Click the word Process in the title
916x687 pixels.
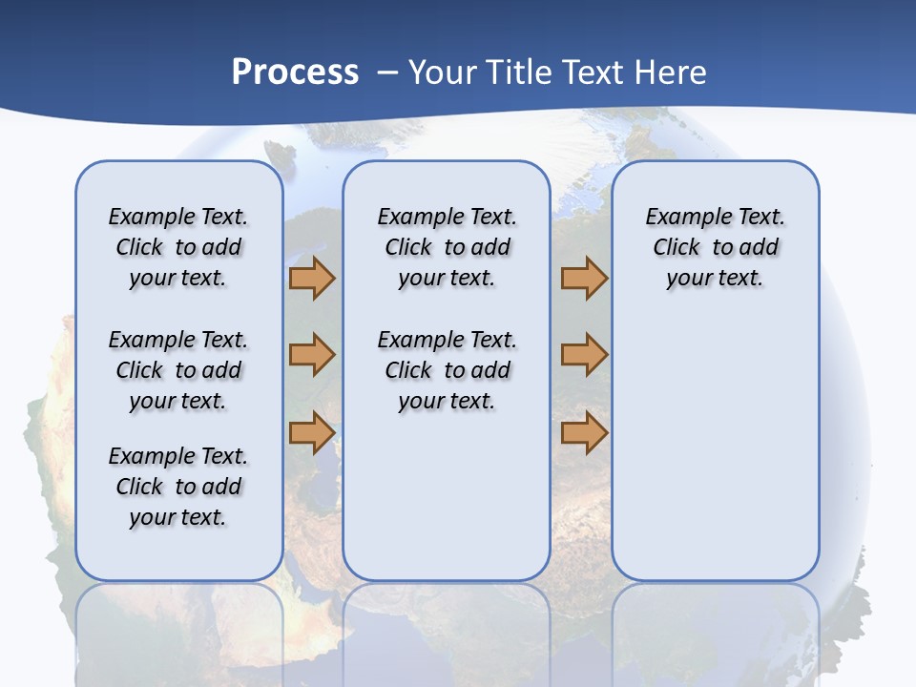pos(295,72)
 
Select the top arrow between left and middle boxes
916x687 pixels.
pos(312,279)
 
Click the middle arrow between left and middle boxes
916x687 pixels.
pos(312,355)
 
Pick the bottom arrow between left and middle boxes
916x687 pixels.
pos(312,433)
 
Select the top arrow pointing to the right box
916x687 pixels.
pos(584,279)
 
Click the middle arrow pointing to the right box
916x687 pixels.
pos(584,355)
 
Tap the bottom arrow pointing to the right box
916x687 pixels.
pos(584,433)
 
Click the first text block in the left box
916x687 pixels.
pos(178,247)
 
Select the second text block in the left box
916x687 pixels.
pos(178,370)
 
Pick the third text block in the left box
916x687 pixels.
pos(178,487)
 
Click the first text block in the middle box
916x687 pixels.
pos(447,247)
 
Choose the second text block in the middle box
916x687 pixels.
pos(447,370)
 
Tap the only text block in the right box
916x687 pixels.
pos(715,247)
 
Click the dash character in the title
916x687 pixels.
pos(386,73)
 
